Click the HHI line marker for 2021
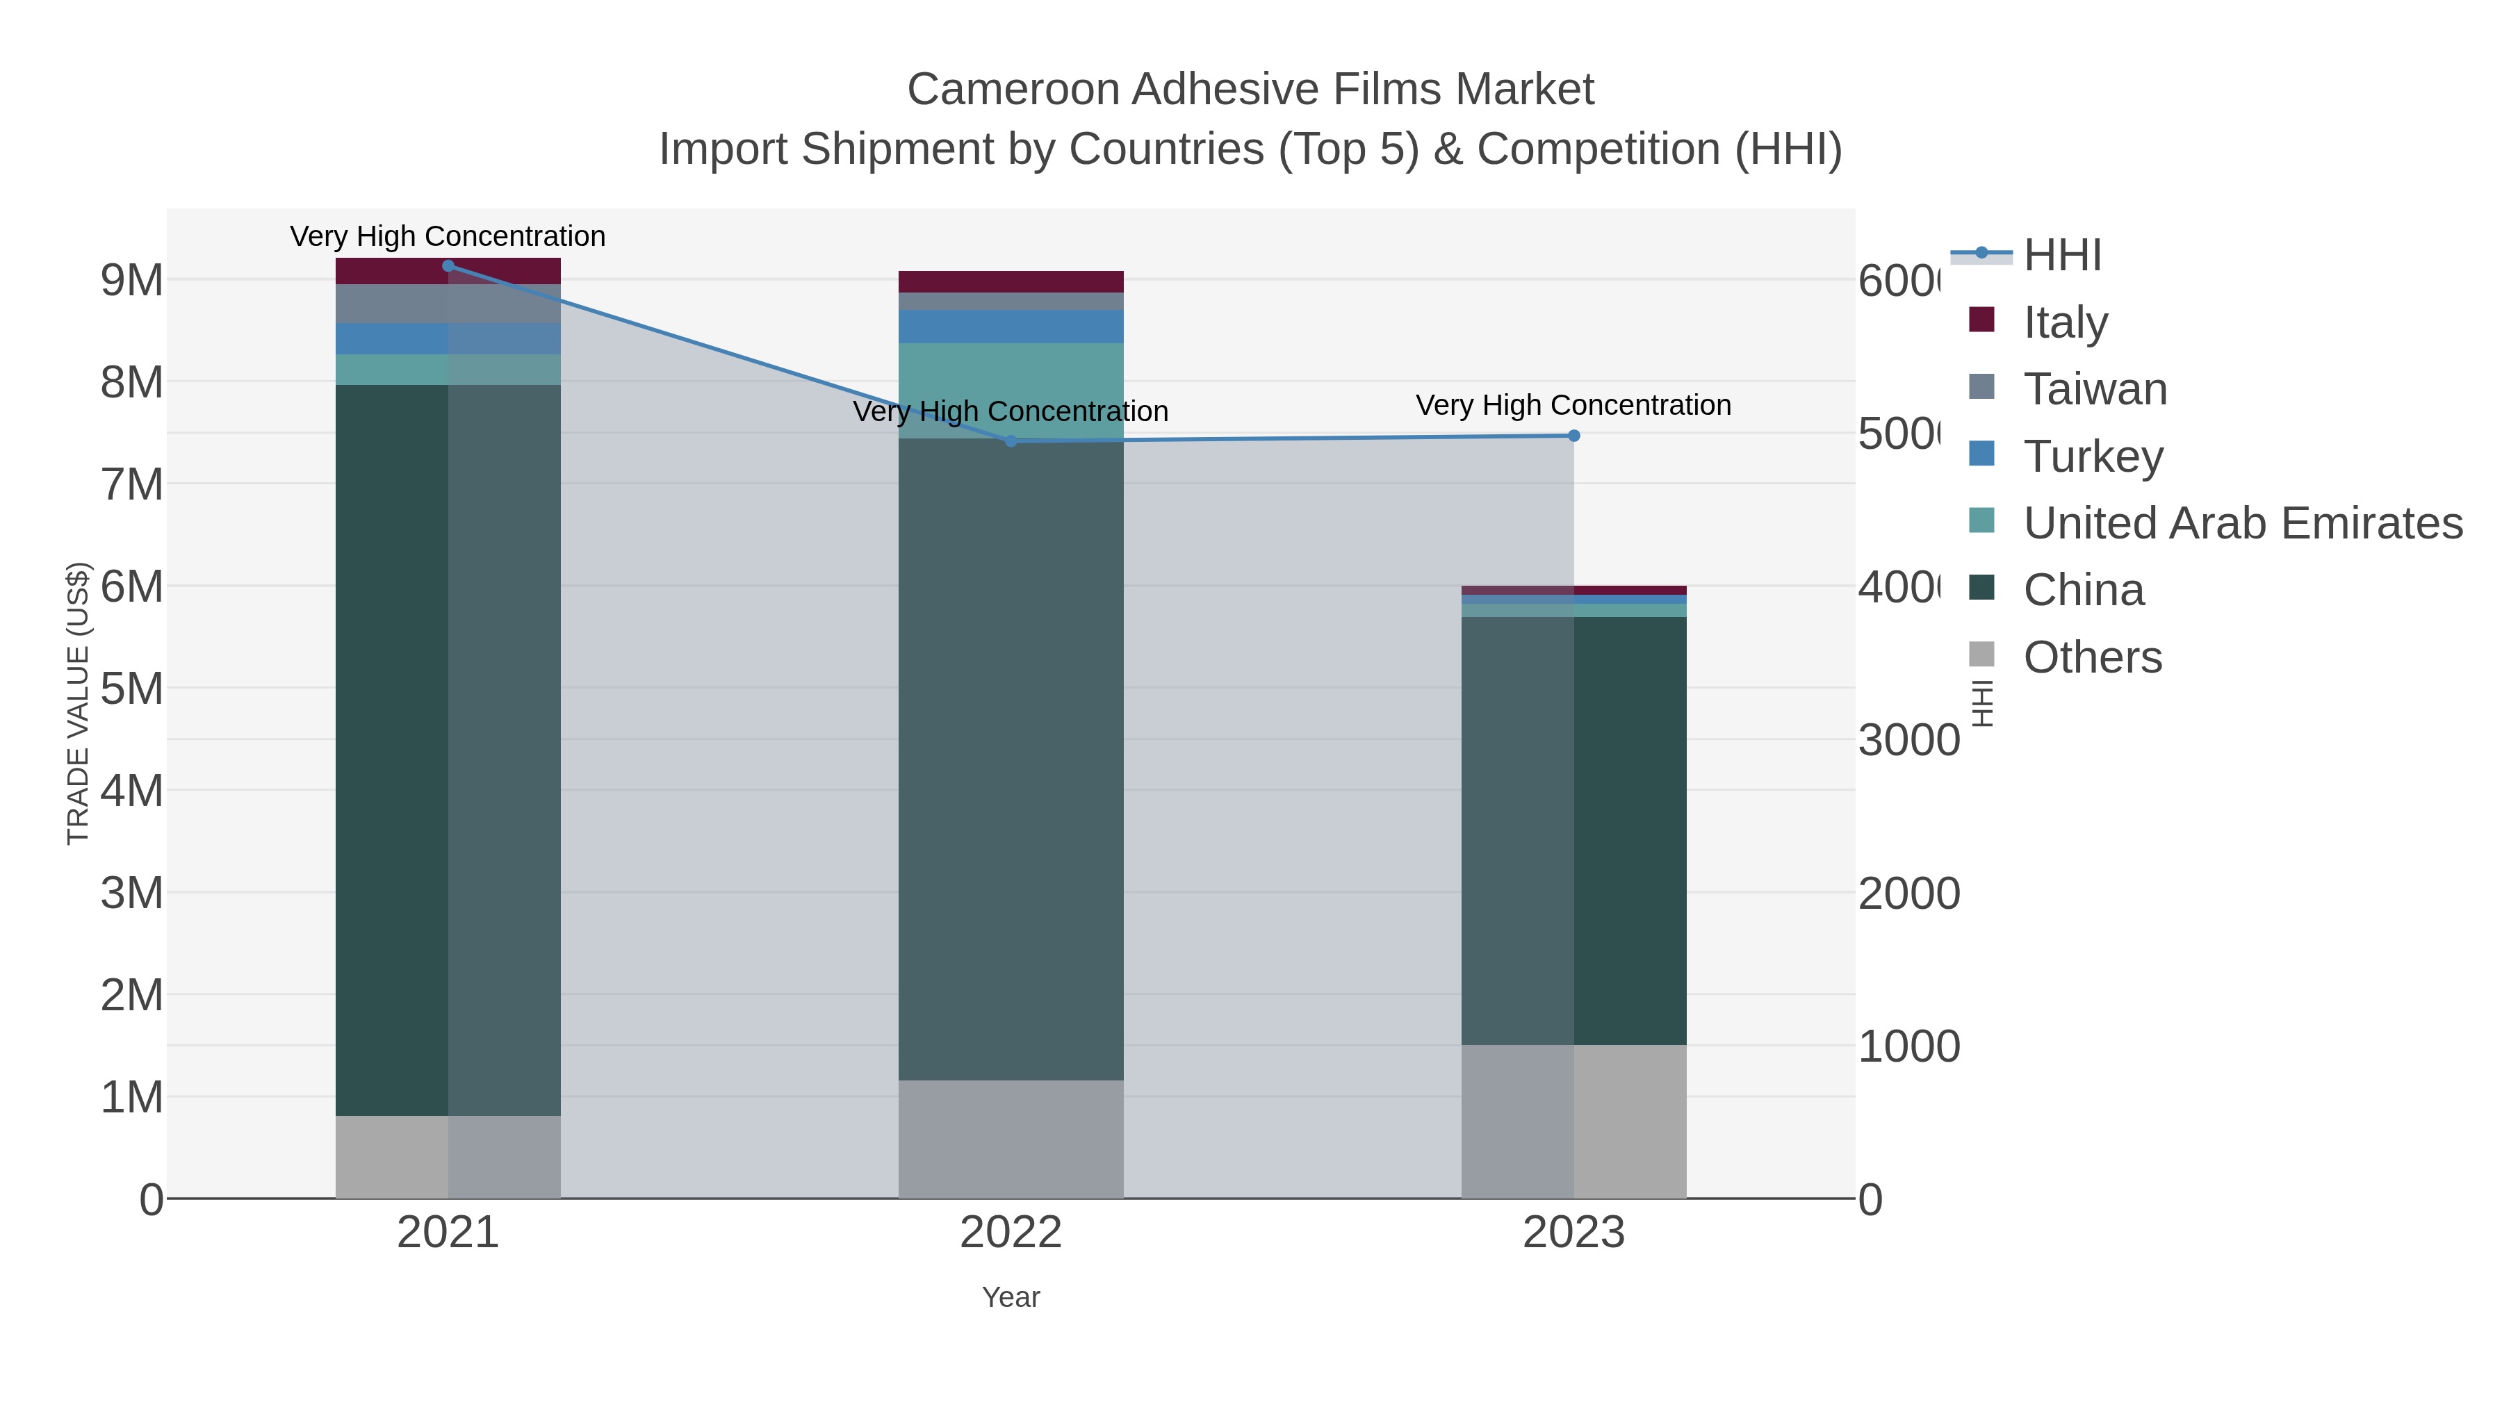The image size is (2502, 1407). [448, 266]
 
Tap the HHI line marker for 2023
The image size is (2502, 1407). [1573, 436]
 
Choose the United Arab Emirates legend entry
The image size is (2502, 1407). [2241, 523]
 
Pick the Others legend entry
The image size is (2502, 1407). [2092, 657]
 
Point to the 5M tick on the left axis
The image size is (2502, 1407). [132, 689]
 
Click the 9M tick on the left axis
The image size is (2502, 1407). [132, 281]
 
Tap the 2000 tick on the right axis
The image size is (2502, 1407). [1908, 894]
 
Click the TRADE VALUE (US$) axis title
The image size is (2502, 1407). [78, 703]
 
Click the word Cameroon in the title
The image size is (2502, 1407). [1013, 90]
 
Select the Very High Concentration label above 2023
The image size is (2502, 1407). [1573, 405]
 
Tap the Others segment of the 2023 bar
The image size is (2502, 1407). [1573, 1121]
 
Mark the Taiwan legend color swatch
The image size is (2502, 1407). [1981, 386]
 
